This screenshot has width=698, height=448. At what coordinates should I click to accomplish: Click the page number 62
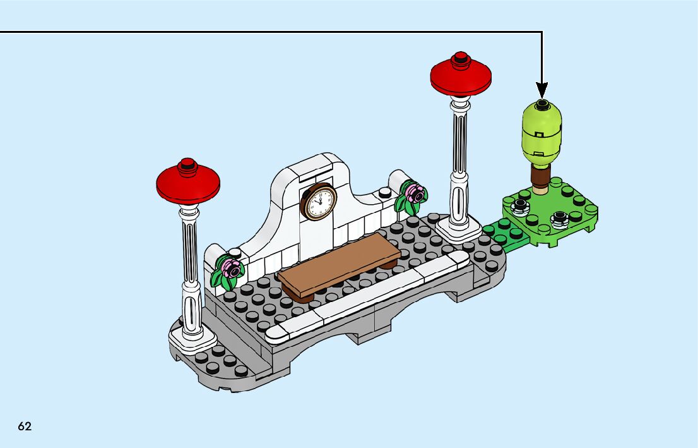click(x=25, y=426)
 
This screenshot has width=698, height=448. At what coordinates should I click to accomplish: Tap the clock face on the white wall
click(x=319, y=202)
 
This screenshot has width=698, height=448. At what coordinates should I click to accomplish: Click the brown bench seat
click(x=339, y=265)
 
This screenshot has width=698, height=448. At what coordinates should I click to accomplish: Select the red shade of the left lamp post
click(x=188, y=183)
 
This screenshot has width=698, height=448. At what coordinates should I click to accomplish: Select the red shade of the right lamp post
click(x=461, y=76)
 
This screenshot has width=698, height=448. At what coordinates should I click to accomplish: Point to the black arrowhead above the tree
click(x=541, y=90)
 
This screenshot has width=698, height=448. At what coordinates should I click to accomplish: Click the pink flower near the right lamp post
click(x=415, y=193)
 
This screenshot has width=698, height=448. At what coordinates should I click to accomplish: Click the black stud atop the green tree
click(x=541, y=105)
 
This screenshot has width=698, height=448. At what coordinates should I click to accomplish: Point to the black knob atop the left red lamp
click(x=187, y=164)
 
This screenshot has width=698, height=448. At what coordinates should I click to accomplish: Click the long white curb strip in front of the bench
click(x=367, y=296)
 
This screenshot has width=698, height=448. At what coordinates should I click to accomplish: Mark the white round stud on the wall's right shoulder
click(x=385, y=193)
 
